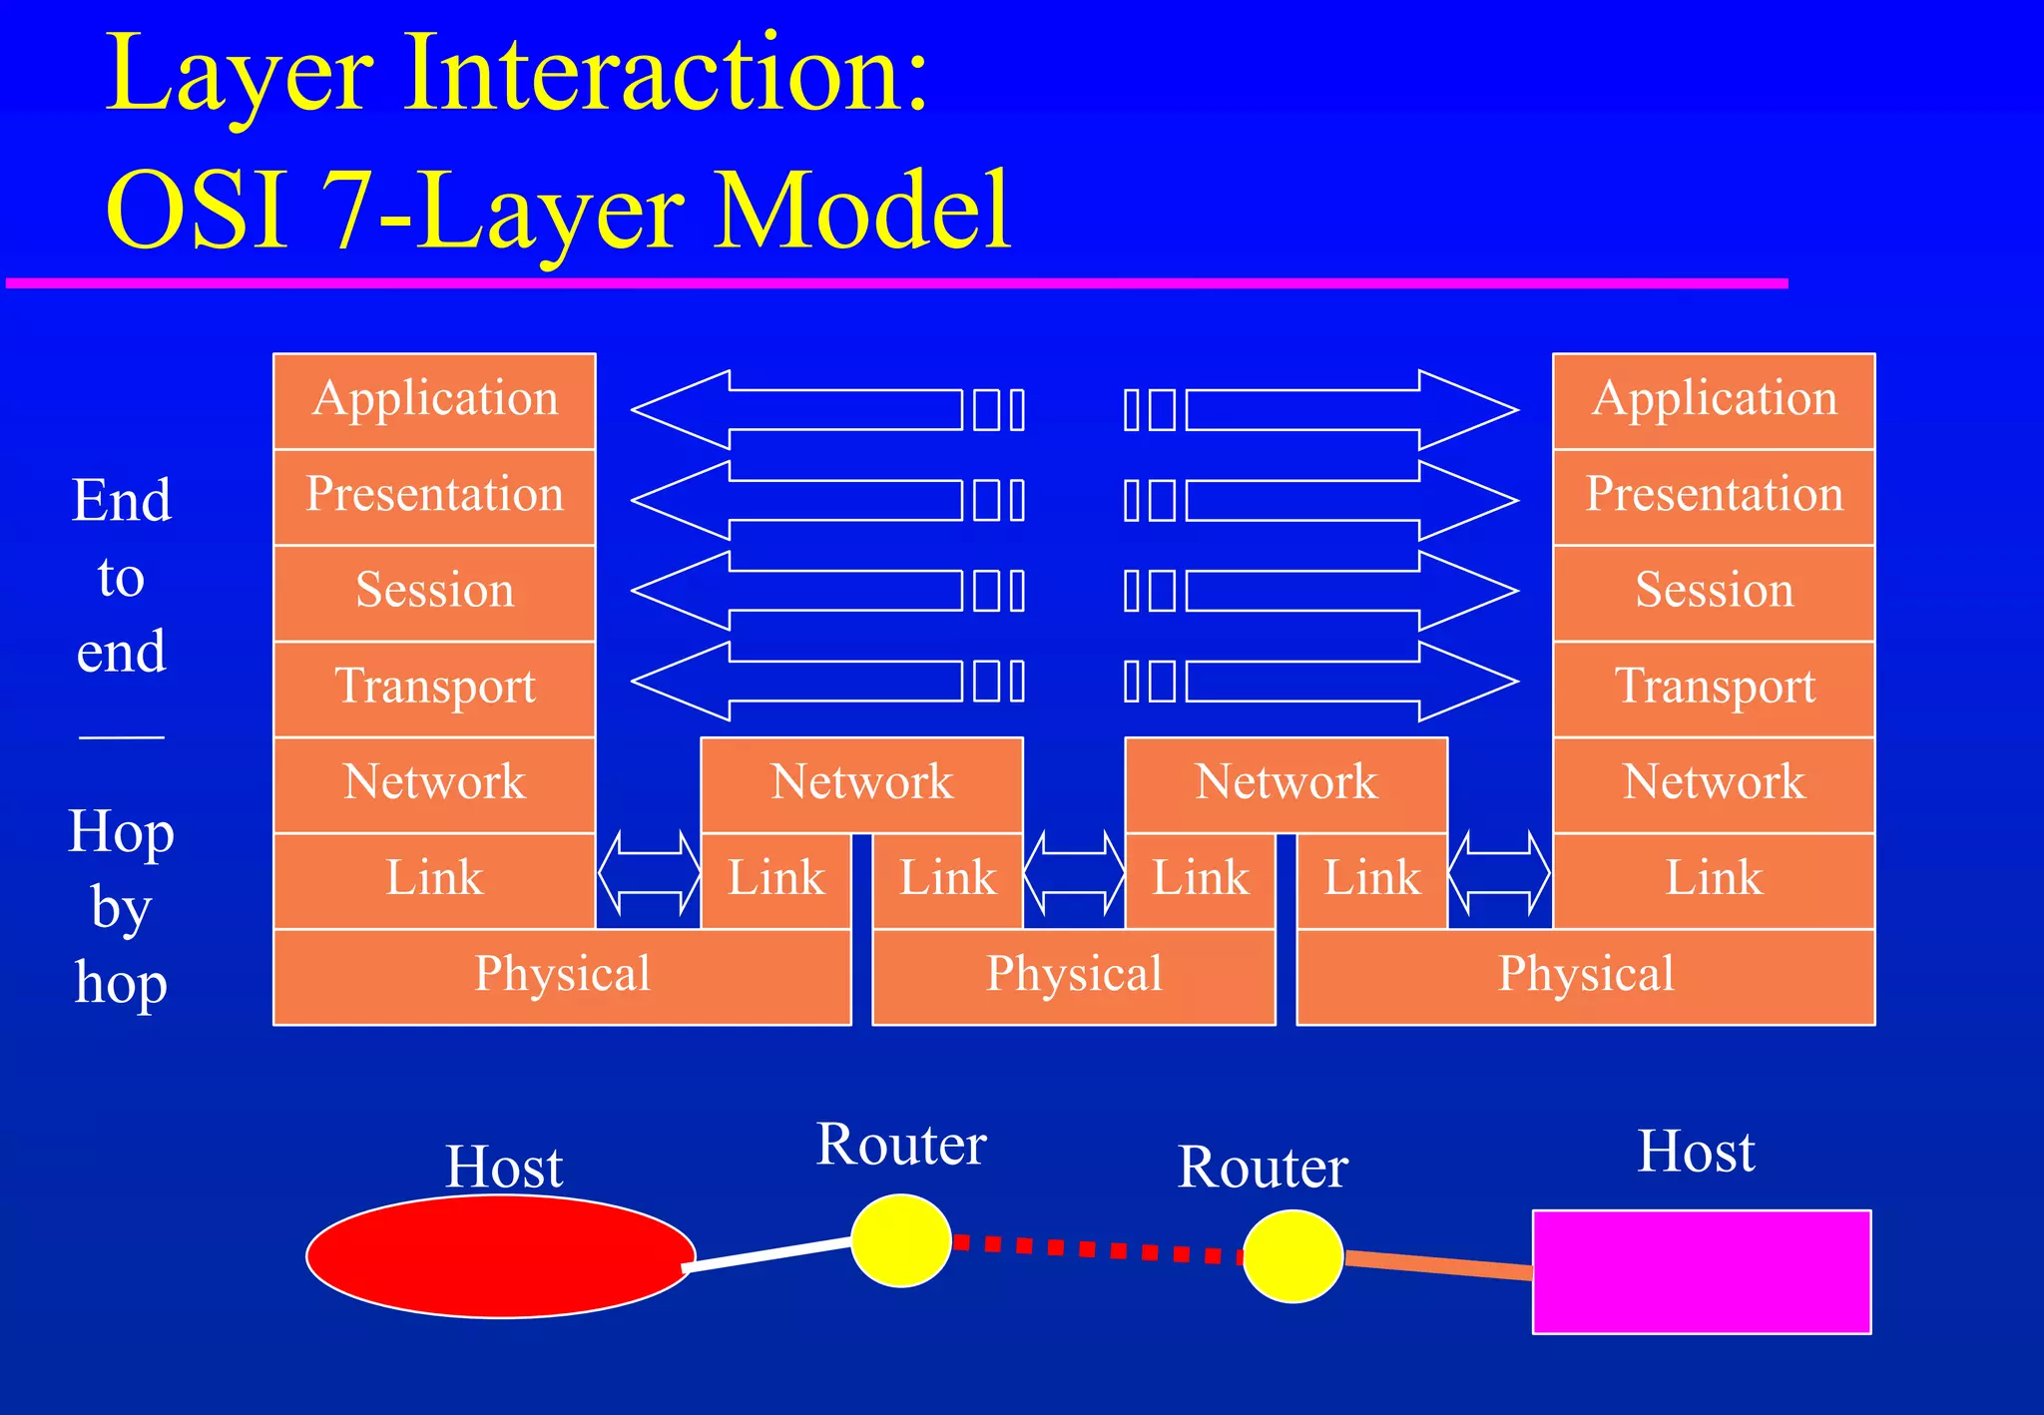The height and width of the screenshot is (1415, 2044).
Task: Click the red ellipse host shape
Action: point(499,1256)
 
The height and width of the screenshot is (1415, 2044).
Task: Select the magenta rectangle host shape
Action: point(1702,1271)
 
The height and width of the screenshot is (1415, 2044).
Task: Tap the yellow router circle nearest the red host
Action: point(900,1240)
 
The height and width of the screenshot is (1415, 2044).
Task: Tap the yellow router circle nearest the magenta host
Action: point(1291,1255)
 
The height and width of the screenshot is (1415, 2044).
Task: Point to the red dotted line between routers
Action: point(1098,1248)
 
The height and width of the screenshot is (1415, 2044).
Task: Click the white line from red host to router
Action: point(768,1253)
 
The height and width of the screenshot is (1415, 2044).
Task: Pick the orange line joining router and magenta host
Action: point(1437,1264)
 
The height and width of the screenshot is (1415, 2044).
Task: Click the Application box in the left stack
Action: point(435,400)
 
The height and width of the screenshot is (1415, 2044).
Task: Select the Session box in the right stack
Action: point(1714,592)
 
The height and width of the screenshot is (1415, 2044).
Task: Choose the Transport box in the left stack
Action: point(435,688)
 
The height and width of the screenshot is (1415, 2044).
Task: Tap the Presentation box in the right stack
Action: point(1714,496)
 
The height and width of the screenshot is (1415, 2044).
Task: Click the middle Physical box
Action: point(1074,976)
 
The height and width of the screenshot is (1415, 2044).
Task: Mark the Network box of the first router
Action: point(861,783)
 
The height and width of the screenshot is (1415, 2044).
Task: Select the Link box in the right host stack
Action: point(1714,879)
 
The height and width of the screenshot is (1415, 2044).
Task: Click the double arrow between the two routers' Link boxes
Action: point(1074,873)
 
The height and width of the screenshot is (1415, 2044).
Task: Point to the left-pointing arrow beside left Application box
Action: point(798,409)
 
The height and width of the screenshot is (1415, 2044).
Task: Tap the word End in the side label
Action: point(122,500)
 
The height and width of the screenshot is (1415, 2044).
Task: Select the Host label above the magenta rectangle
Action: point(1696,1152)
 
